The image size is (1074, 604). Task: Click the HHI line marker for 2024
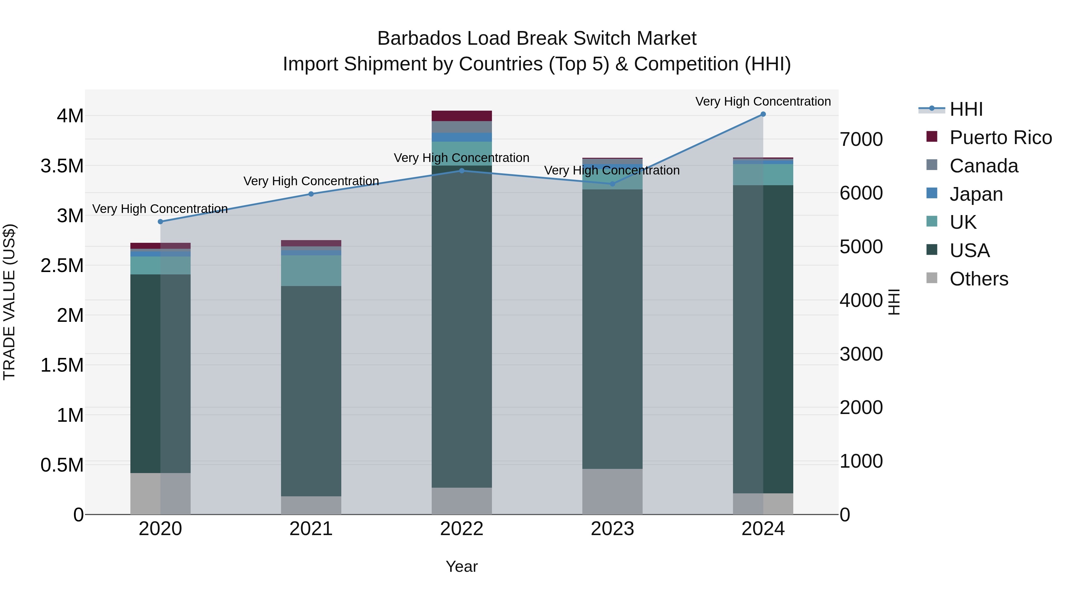point(763,114)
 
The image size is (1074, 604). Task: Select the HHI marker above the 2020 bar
point(161,222)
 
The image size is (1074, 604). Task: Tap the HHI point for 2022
point(462,171)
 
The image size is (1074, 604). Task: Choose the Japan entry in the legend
point(976,194)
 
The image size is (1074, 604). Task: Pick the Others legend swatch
point(931,278)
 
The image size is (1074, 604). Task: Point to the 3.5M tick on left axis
point(62,166)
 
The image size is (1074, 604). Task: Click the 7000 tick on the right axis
point(861,139)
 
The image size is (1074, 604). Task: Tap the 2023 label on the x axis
point(612,529)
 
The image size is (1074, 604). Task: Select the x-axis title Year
point(462,566)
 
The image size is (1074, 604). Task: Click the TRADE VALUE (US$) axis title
point(9,302)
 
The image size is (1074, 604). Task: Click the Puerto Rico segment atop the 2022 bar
point(462,116)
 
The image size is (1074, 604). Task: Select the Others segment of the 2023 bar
point(612,492)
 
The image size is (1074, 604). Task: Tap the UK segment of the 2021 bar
point(311,271)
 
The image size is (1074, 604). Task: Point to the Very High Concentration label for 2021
point(311,181)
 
